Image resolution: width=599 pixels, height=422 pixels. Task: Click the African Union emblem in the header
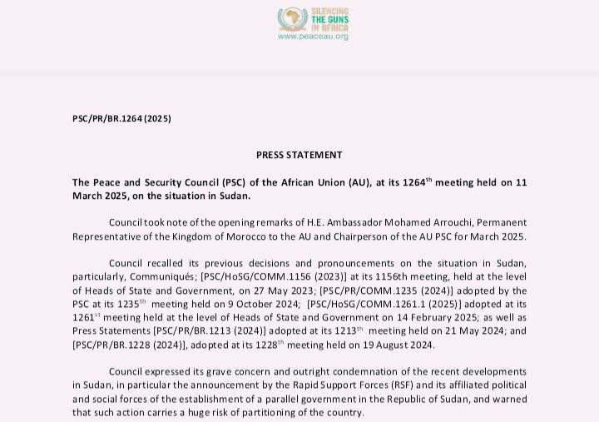click(292, 18)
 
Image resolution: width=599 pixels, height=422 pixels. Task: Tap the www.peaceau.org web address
click(313, 37)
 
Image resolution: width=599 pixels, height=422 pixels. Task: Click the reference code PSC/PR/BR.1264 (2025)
click(122, 119)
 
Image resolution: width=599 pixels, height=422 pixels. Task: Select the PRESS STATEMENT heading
click(299, 155)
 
